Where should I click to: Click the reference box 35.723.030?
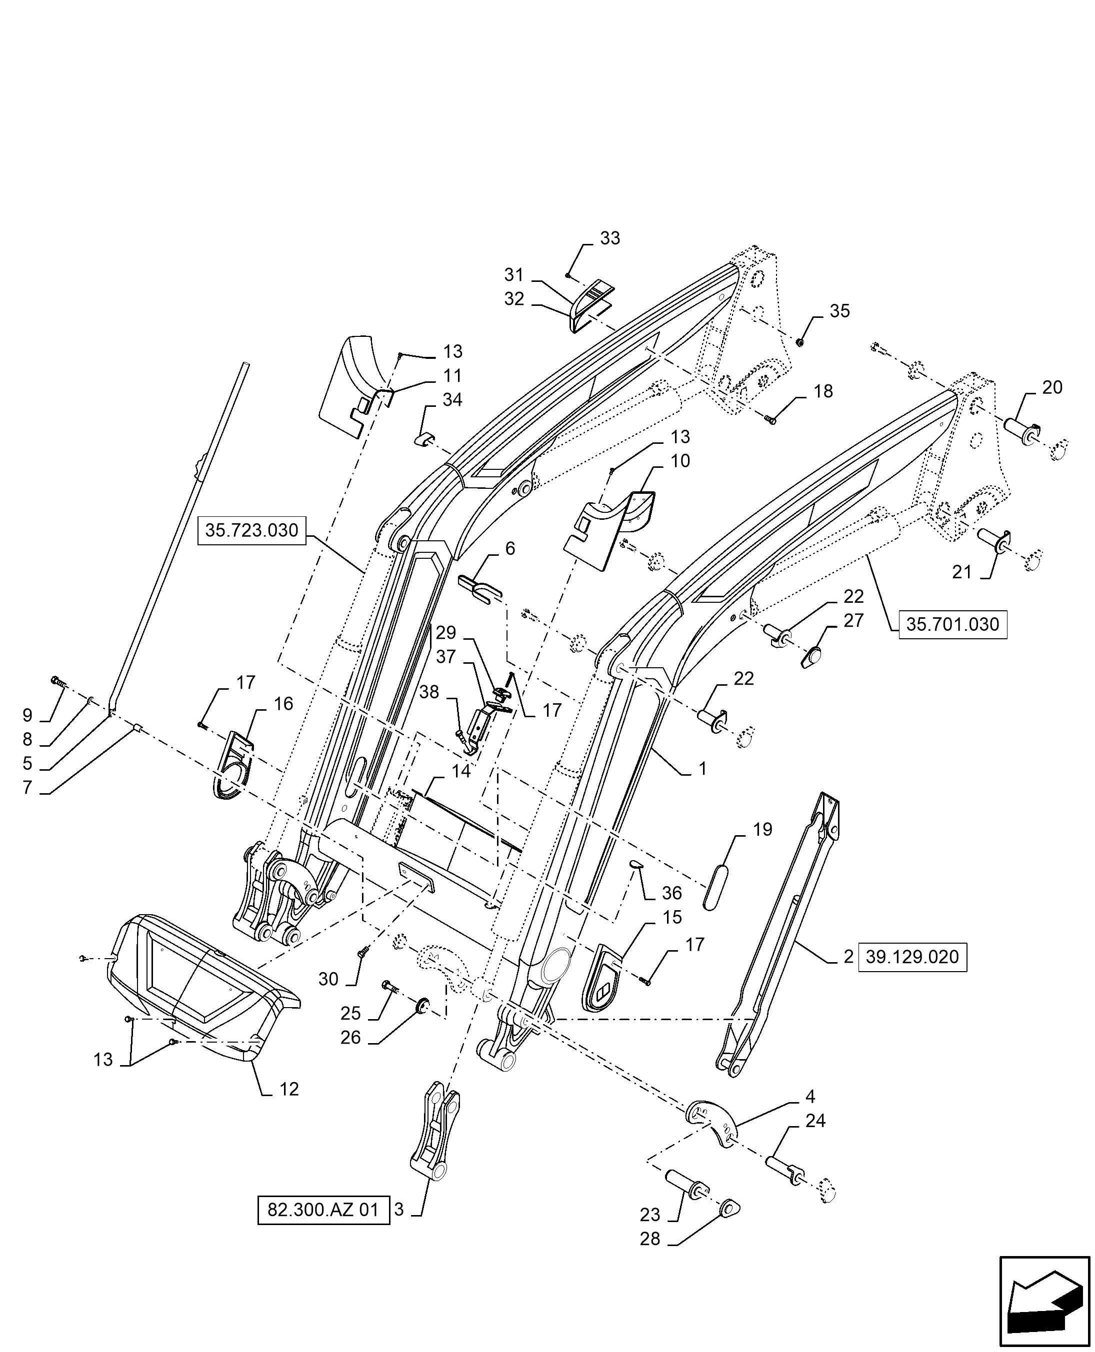click(251, 530)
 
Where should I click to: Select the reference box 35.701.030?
click(952, 624)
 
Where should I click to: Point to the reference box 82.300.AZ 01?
click(323, 1210)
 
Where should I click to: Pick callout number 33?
click(610, 238)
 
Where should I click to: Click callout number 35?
click(839, 311)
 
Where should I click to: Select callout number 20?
click(1052, 387)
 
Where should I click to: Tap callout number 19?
click(762, 830)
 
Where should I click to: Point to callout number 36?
click(672, 894)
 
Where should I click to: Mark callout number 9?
click(27, 715)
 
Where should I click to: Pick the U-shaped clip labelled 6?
click(479, 588)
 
